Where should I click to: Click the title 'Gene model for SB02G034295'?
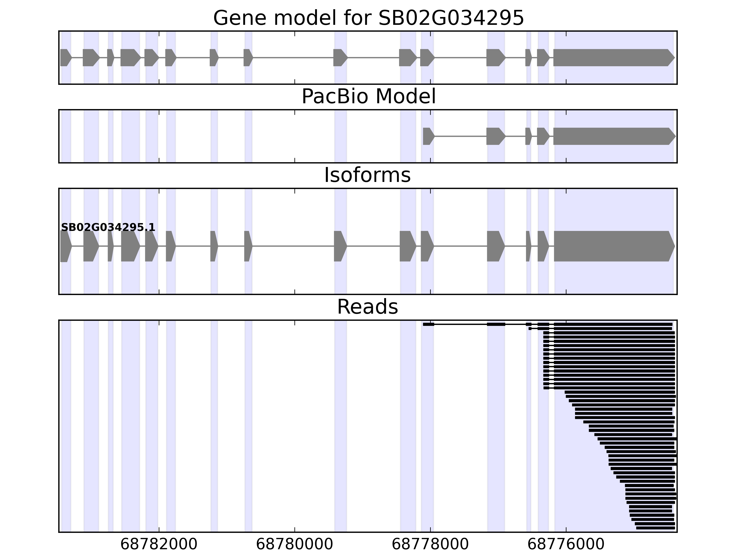368,18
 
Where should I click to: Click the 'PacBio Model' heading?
368,97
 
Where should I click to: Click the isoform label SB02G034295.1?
108,227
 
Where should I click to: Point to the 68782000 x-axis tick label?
159,545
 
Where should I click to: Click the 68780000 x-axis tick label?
294,545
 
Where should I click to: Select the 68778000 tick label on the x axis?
430,545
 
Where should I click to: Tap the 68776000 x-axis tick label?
566,545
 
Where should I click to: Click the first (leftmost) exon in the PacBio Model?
428,136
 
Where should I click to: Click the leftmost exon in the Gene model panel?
65,57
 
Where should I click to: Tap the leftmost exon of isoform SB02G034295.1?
65,246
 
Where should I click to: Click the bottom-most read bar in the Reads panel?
655,528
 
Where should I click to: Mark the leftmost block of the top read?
428,324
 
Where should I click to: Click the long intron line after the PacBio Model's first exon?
460,136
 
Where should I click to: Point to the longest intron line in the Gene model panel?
293,57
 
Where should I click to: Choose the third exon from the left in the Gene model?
110,57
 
